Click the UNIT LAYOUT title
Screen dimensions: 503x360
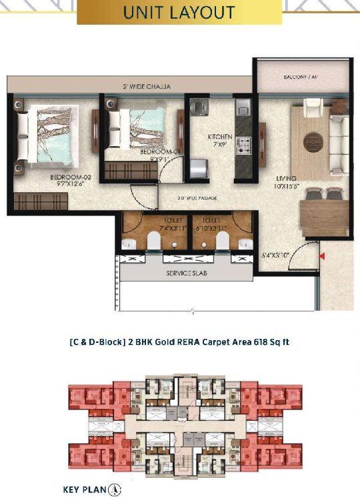point(179,13)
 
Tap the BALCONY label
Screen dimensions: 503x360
point(300,77)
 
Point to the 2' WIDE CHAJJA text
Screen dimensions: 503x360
point(146,87)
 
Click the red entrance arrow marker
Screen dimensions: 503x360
point(322,256)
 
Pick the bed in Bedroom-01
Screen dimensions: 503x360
point(136,126)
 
